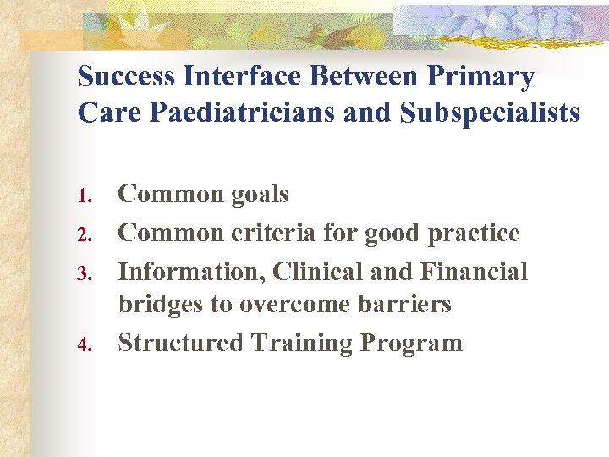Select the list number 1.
click(83, 196)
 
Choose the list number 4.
click(83, 345)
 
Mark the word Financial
click(474, 272)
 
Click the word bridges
click(161, 305)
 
